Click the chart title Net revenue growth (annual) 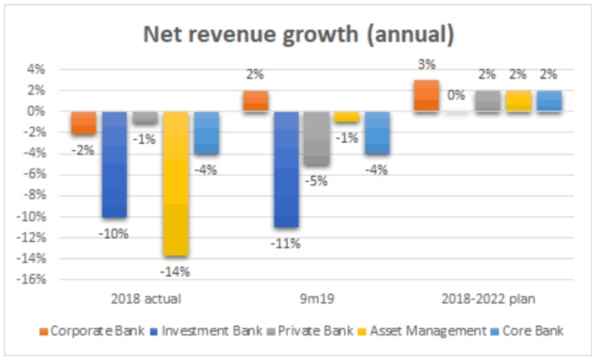point(298,35)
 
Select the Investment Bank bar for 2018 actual point(114,164)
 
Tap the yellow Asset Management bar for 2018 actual point(176,183)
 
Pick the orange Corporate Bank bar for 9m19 point(255,101)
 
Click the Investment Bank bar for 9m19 point(286,169)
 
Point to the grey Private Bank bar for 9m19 point(317,138)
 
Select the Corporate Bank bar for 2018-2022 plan point(426,96)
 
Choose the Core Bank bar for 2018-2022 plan point(549,101)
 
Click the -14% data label point(176,272)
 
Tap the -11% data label point(286,244)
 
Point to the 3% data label point(426,65)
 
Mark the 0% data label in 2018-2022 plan point(456,95)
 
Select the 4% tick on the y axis point(36,70)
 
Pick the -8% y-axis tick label point(34,195)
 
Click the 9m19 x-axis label point(317,299)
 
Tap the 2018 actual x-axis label point(146,299)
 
